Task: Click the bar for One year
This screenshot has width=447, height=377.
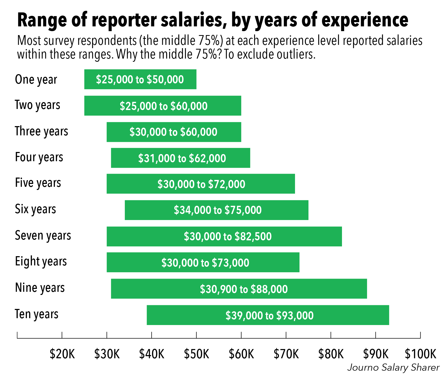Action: click(x=140, y=79)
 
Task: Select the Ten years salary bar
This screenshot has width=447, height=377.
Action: click(x=268, y=315)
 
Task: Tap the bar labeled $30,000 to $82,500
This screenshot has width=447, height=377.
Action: click(x=224, y=236)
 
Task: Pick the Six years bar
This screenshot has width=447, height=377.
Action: click(x=216, y=210)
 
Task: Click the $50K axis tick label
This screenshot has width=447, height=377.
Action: click(x=196, y=354)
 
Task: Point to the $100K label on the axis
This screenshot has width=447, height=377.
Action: click(x=421, y=354)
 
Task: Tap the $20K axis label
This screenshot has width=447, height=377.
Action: click(x=62, y=354)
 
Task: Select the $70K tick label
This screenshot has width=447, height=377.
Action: click(x=286, y=354)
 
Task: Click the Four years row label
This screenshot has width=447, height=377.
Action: click(x=39, y=158)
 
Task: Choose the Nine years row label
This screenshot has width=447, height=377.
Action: click(x=40, y=288)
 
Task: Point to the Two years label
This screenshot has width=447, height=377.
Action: click(x=37, y=105)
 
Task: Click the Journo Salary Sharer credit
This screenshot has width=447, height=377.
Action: click(x=393, y=368)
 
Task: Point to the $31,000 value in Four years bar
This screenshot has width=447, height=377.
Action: click(x=157, y=158)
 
